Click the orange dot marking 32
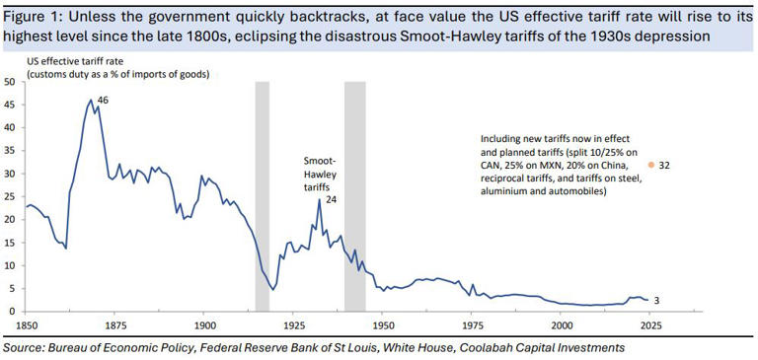[x=650, y=166]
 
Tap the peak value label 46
[x=102, y=100]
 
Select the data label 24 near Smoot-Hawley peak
[x=331, y=199]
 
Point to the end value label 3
[x=657, y=299]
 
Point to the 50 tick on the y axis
[x=10, y=82]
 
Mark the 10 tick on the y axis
[x=10, y=265]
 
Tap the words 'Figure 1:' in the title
[x=33, y=13]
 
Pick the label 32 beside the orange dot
[x=664, y=166]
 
